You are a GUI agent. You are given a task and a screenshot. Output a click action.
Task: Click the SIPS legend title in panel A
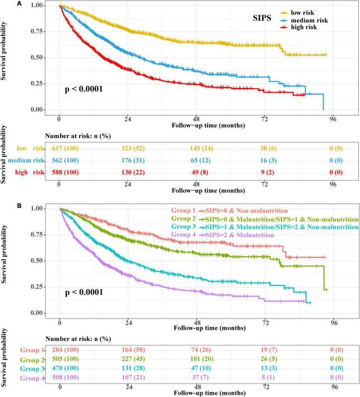point(259,19)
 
